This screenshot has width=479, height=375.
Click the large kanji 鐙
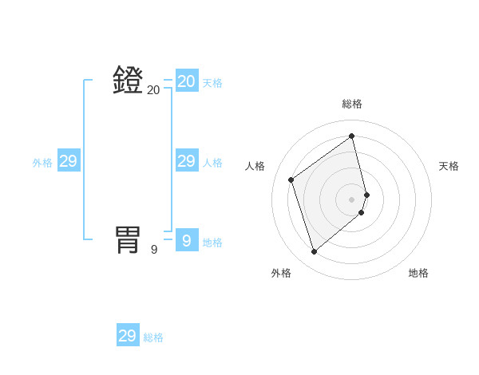tap(129, 81)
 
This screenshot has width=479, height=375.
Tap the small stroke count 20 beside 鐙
tap(153, 90)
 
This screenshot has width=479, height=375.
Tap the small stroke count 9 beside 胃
tap(154, 249)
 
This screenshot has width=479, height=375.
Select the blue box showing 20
tap(187, 81)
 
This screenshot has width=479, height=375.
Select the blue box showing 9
tap(187, 239)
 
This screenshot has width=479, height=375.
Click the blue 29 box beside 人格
tap(187, 161)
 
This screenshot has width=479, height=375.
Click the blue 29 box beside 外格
tap(69, 161)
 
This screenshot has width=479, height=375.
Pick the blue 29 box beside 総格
tap(128, 335)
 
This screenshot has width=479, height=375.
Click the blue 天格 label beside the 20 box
tap(212, 83)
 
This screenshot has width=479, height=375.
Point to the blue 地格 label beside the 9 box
tap(212, 243)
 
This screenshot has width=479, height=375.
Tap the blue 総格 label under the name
tap(153, 337)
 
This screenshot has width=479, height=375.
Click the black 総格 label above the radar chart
tap(352, 104)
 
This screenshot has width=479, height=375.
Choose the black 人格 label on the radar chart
tap(255, 166)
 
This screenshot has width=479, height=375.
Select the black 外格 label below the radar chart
tap(281, 273)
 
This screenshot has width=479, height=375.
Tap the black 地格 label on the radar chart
tap(418, 273)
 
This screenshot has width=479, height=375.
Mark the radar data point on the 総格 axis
tap(352, 136)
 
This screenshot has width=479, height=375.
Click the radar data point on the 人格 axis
tap(291, 180)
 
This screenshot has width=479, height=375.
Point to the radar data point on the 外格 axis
tap(314, 252)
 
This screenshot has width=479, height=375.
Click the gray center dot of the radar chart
tap(352, 199)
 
